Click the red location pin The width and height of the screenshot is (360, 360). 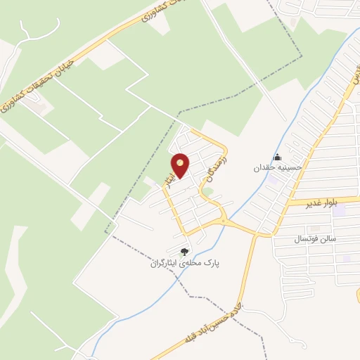181,165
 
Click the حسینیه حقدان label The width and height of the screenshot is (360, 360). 278,169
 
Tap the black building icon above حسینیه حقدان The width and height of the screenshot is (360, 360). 278,157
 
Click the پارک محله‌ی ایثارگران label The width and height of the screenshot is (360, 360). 184,264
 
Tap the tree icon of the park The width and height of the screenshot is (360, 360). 184,252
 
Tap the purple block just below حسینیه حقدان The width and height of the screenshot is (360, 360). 272,180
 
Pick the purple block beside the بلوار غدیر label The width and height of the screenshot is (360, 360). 340,210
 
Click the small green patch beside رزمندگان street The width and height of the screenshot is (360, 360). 208,191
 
